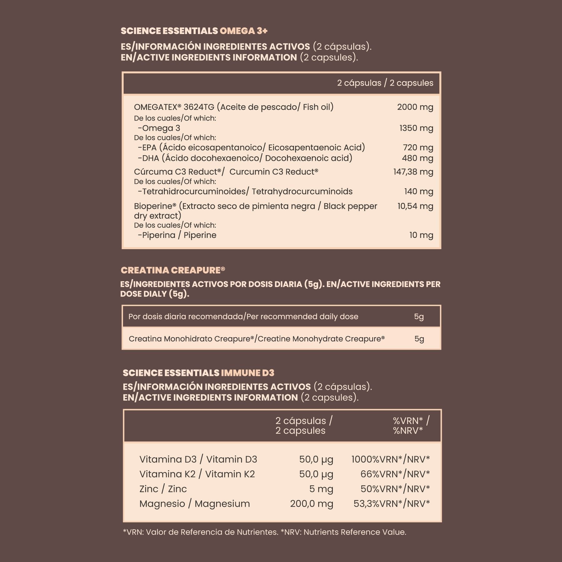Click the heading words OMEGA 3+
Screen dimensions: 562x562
click(244, 31)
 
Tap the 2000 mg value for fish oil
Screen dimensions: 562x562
click(415, 107)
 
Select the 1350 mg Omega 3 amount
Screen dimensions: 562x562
click(416, 128)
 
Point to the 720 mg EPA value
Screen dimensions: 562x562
click(418, 147)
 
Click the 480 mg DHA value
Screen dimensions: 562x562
click(417, 158)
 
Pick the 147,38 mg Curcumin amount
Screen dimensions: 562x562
click(413, 172)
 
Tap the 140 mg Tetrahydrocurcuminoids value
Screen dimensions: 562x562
click(418, 191)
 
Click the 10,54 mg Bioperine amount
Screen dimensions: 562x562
click(415, 206)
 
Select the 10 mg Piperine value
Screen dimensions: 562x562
click(421, 235)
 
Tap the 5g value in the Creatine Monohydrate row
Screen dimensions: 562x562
click(419, 339)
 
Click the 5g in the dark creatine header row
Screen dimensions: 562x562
click(419, 317)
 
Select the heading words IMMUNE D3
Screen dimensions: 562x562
click(247, 373)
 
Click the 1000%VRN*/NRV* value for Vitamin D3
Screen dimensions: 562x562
click(391, 459)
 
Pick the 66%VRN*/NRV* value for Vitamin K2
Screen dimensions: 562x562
click(395, 474)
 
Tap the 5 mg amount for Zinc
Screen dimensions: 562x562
click(321, 489)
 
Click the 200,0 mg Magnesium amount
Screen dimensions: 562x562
click(312, 504)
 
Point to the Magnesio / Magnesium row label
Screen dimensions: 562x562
click(195, 504)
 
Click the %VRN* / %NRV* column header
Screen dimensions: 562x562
click(411, 426)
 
